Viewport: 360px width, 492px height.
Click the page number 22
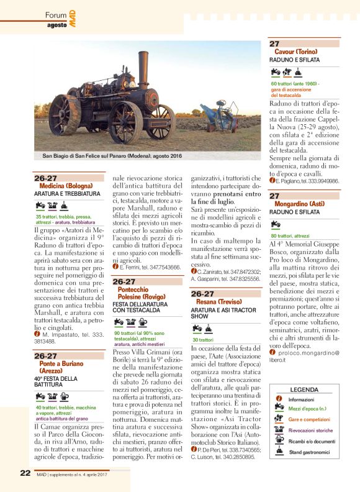pos(25,473)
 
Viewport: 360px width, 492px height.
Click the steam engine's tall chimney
pos(143,69)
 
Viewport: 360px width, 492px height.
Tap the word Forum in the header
pos(55,14)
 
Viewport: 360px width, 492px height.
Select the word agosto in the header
pos(57,25)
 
